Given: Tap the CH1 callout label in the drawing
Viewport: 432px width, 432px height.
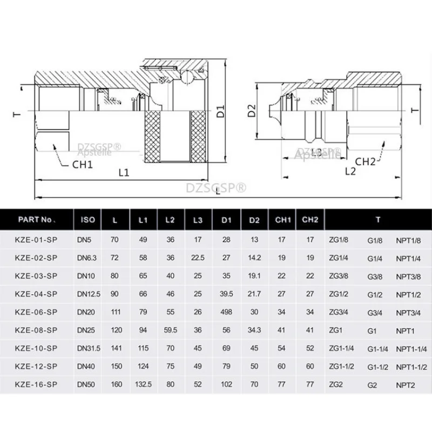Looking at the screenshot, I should point(83,165).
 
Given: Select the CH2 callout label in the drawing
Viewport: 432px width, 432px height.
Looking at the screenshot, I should point(365,161).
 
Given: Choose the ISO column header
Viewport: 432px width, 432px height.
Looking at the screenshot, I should point(87,220).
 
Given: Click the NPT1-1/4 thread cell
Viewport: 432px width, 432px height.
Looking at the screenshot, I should point(411,349).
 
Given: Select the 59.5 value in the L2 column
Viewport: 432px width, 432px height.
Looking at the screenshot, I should point(171,330).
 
